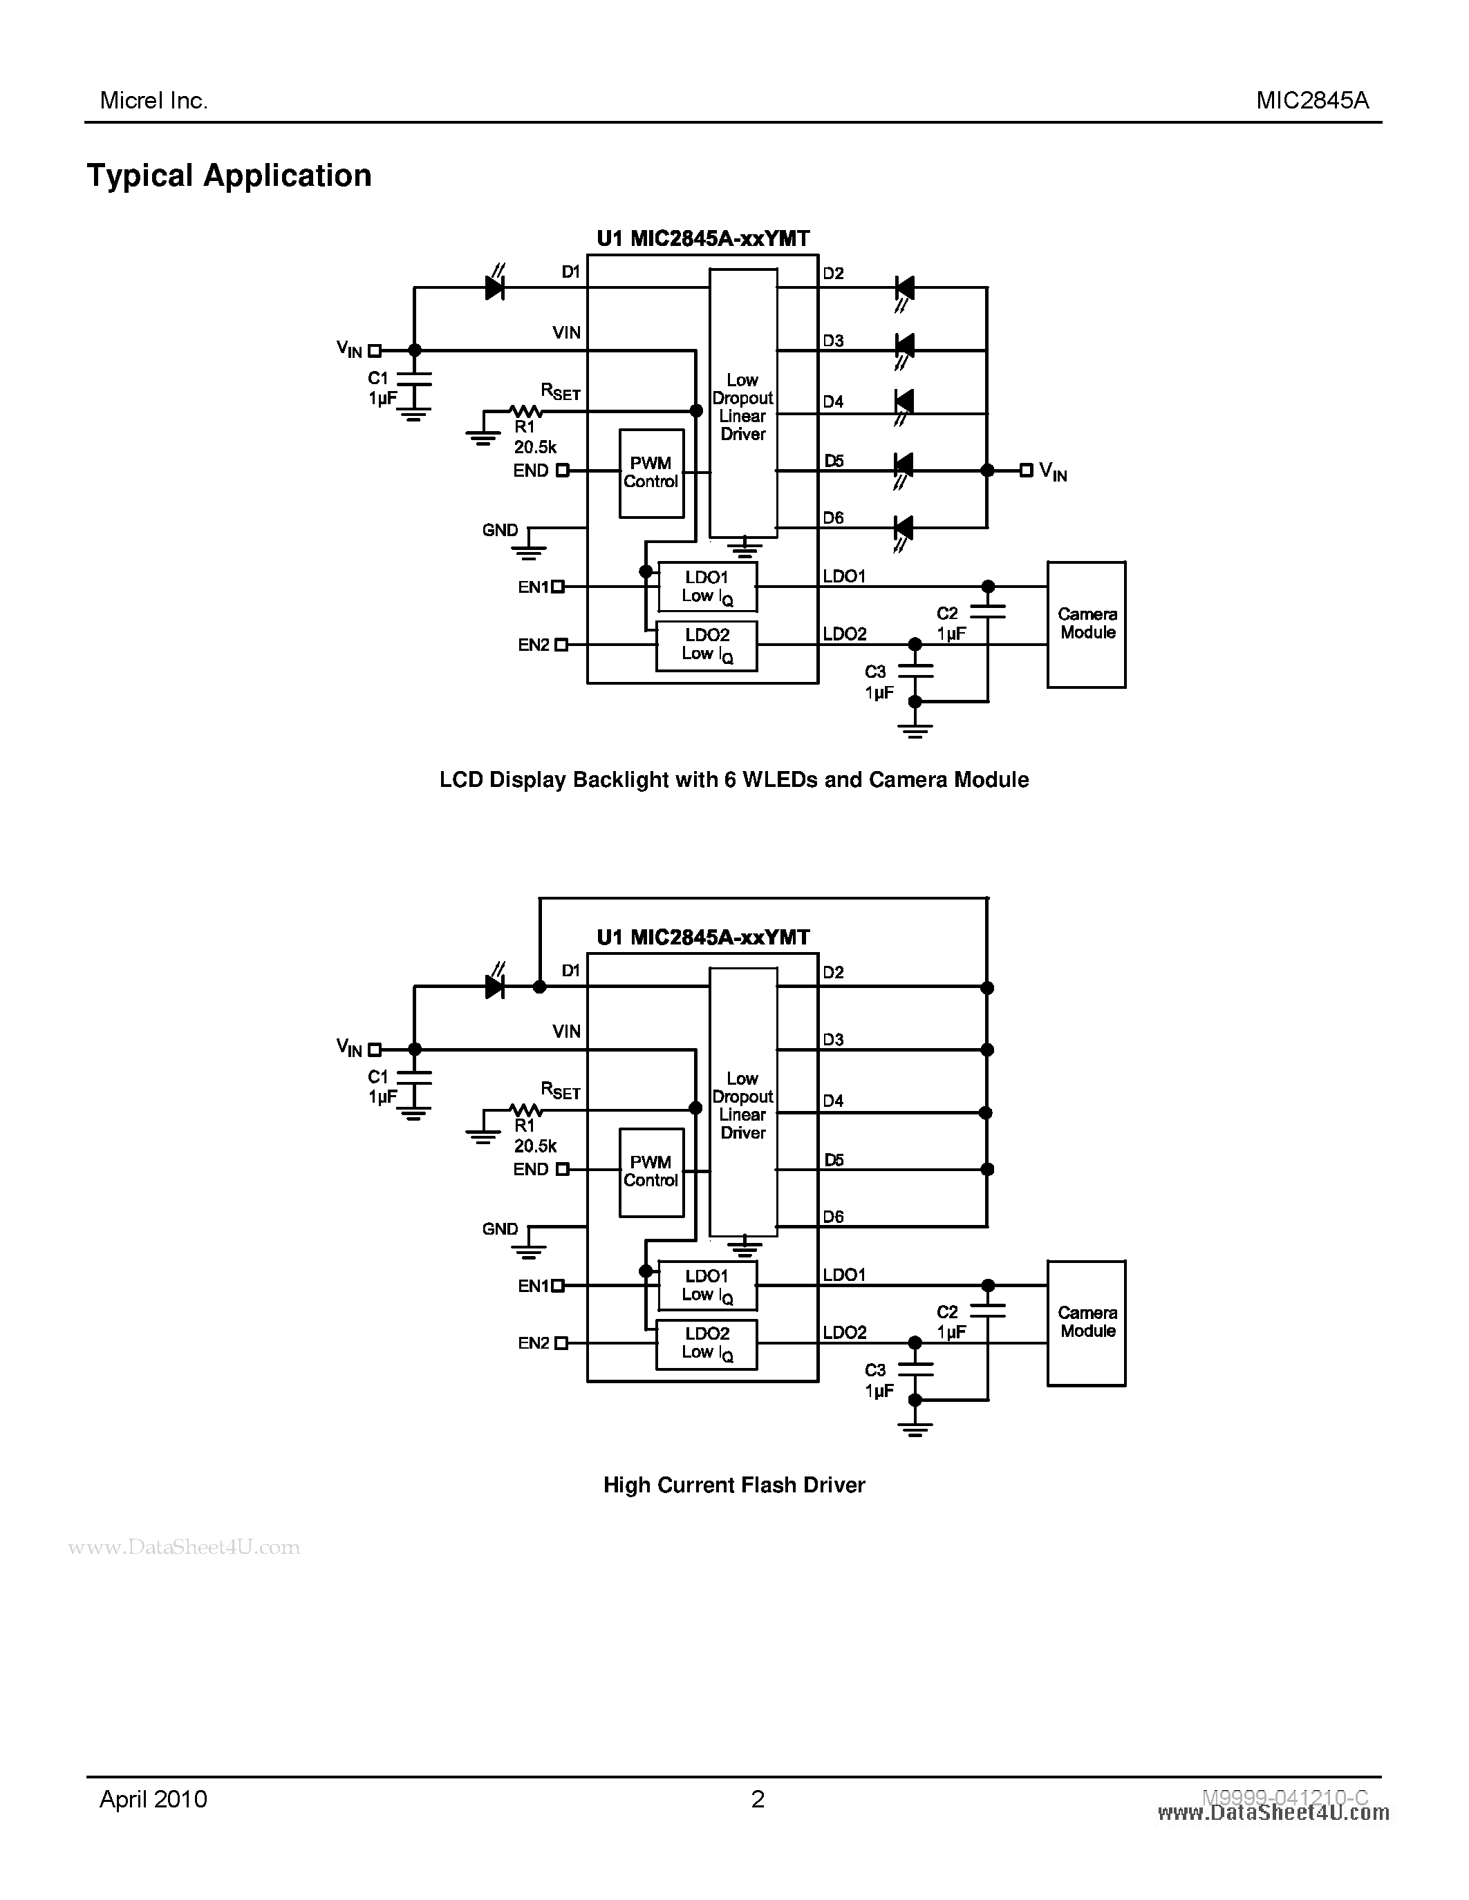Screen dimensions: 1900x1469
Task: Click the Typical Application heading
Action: tap(229, 175)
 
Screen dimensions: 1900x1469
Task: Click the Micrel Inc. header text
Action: tap(153, 101)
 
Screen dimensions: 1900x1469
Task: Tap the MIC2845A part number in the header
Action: tap(1311, 101)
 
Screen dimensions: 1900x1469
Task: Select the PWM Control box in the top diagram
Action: tap(651, 473)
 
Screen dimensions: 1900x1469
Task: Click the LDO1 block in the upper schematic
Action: tap(707, 587)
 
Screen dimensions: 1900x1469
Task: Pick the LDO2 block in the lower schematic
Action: tap(707, 1343)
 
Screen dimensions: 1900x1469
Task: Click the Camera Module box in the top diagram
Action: tap(1086, 624)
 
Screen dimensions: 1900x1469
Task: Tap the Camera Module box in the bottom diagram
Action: tap(1086, 1322)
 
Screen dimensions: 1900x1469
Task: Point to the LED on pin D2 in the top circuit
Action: tap(904, 287)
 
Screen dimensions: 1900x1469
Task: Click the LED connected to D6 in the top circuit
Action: tap(904, 527)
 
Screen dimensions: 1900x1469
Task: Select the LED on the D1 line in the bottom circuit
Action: tap(494, 986)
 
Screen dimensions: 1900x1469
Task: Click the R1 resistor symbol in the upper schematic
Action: tap(525, 410)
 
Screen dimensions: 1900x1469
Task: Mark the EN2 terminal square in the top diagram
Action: tap(561, 645)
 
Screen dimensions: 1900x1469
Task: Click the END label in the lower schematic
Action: tap(530, 1169)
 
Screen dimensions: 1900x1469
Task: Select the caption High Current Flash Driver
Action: tap(733, 1485)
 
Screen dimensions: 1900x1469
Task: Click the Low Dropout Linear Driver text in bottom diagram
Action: tap(742, 1105)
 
